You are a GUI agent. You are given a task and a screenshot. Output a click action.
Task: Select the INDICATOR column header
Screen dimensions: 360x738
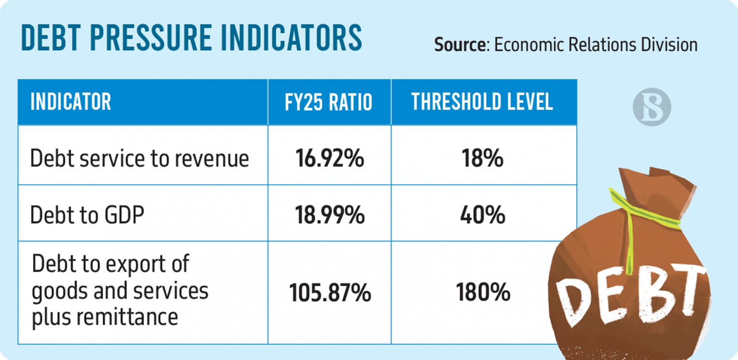click(x=71, y=102)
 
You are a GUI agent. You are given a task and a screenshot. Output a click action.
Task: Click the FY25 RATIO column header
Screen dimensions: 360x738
click(x=328, y=102)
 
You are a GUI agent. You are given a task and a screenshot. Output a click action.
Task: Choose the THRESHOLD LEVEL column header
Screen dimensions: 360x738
click(x=482, y=102)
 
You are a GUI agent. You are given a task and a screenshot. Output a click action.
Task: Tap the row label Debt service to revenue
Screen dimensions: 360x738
click(x=139, y=159)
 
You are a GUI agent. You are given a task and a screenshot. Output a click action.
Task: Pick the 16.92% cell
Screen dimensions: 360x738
click(x=329, y=158)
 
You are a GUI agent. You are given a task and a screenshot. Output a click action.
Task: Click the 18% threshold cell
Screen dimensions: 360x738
click(x=482, y=158)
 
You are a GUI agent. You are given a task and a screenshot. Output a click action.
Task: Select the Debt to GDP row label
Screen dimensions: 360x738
click(x=87, y=215)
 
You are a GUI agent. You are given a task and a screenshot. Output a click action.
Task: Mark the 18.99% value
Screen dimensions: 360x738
click(x=329, y=215)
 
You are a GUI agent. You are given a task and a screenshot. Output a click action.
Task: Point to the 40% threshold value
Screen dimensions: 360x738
click(x=482, y=215)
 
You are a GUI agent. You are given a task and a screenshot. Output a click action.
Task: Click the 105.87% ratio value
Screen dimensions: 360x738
click(x=330, y=293)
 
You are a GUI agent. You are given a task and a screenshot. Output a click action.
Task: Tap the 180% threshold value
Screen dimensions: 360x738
click(x=483, y=292)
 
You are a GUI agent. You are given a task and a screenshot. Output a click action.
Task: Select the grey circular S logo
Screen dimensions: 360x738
click(x=651, y=107)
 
